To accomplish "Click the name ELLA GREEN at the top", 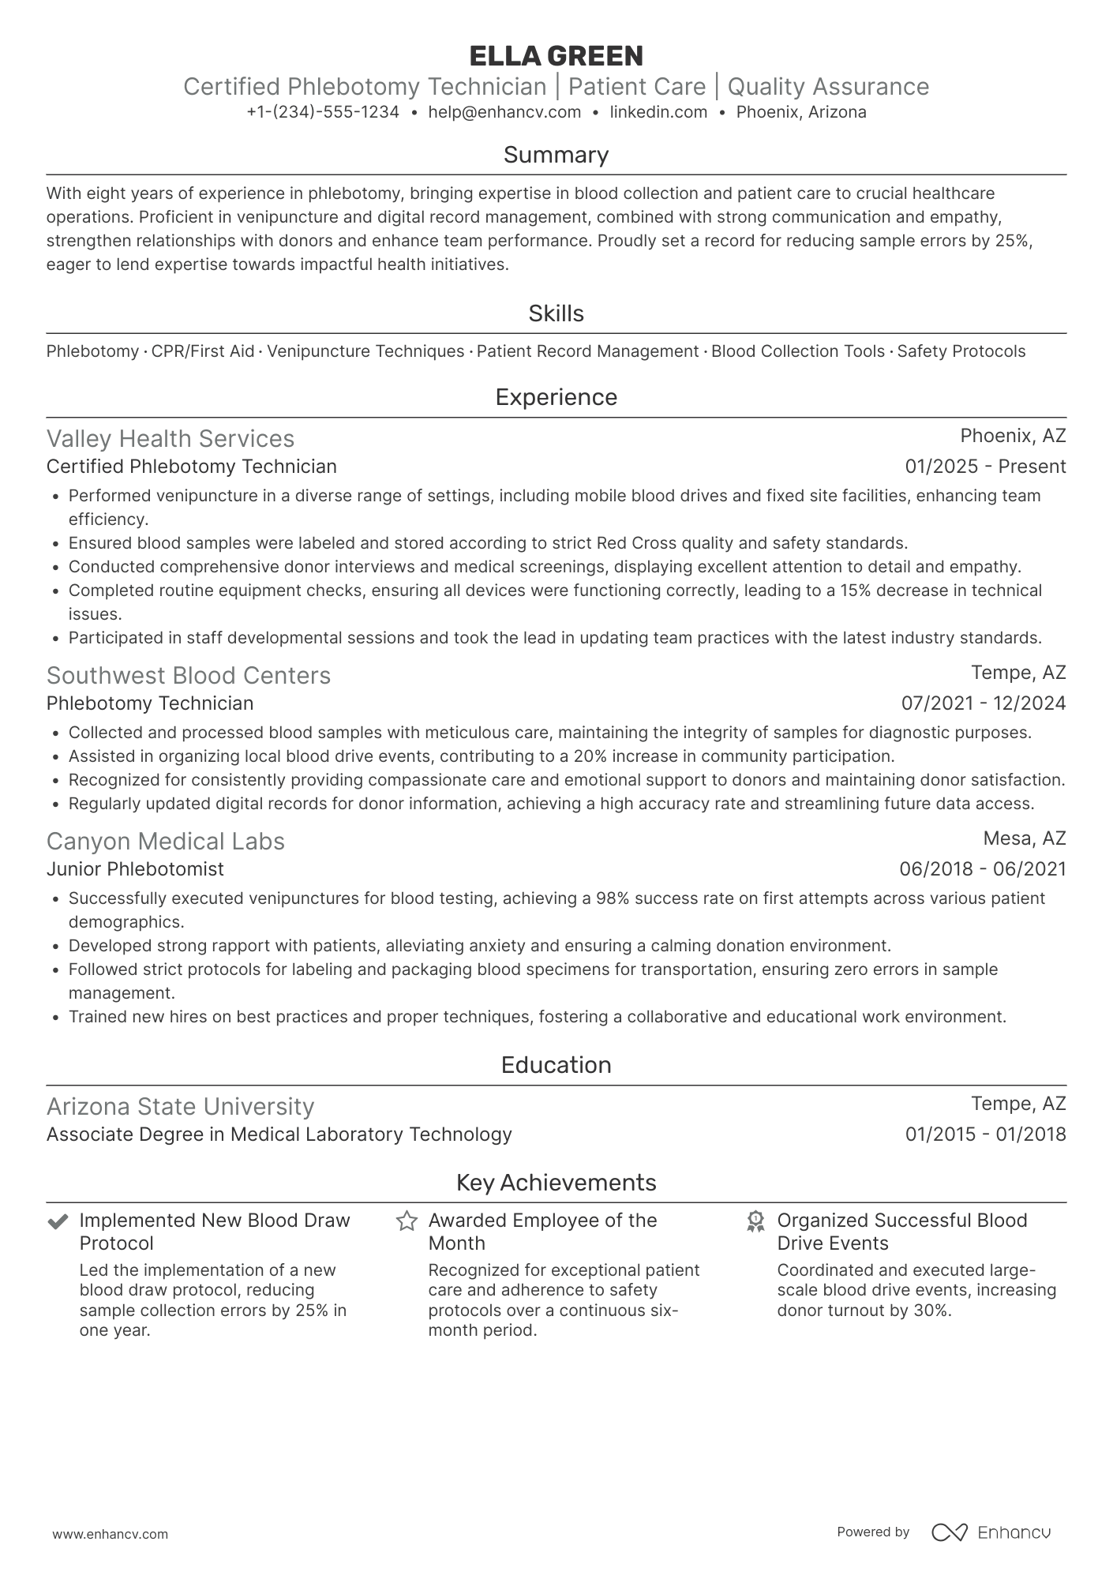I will (x=556, y=56).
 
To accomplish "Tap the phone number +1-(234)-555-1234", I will (x=323, y=112).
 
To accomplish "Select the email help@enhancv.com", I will (x=504, y=112).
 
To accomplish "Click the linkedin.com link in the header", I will (x=658, y=112).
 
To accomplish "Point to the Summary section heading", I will (x=556, y=155).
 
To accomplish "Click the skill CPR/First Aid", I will (x=203, y=351).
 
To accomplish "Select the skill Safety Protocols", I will (x=961, y=351).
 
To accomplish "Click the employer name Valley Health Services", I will (x=171, y=439).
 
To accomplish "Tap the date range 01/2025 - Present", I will (x=985, y=467).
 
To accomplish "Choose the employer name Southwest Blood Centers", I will (x=189, y=676).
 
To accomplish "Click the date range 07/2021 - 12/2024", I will (x=984, y=703).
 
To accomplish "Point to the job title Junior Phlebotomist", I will (x=135, y=869).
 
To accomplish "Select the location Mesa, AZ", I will (x=1024, y=838).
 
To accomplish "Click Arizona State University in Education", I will (x=180, y=1107).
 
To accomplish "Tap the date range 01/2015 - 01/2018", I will (x=985, y=1134).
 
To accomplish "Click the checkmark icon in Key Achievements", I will (x=57, y=1222).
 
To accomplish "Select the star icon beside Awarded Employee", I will (x=407, y=1221).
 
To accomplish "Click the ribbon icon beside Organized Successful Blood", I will (x=755, y=1222).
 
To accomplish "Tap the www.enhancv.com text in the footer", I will (x=111, y=1534).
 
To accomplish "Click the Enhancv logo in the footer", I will (x=991, y=1532).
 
